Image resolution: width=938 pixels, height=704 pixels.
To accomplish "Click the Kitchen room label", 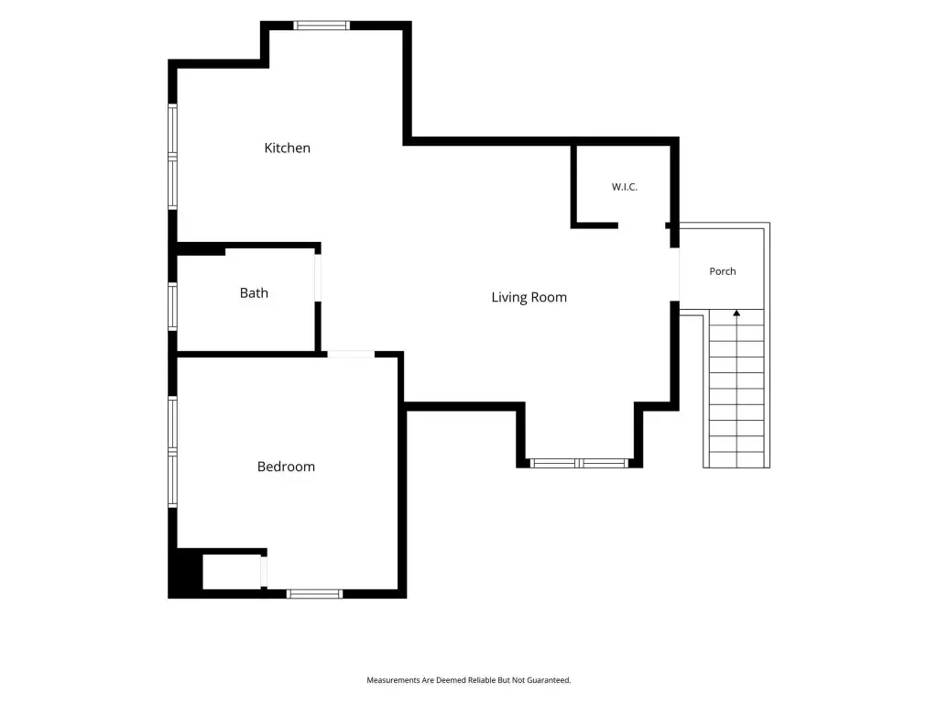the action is pyautogui.click(x=287, y=148).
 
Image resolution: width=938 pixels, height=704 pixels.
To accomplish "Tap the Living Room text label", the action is pyautogui.click(x=529, y=298).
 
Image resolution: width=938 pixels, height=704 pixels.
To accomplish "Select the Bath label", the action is pyautogui.click(x=254, y=292).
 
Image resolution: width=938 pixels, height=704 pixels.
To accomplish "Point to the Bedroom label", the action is pyautogui.click(x=286, y=467).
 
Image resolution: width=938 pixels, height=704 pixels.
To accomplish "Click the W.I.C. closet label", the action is pyautogui.click(x=624, y=187).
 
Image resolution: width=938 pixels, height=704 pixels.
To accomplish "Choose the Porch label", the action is pyautogui.click(x=722, y=271).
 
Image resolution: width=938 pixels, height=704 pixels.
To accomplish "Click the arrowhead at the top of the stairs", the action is pyautogui.click(x=736, y=313).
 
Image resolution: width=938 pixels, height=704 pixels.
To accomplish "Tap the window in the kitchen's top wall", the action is pyautogui.click(x=322, y=25).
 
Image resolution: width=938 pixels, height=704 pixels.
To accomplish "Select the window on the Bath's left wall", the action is pyautogui.click(x=172, y=306).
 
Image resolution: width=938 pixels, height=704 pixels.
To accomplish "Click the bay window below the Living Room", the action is pyautogui.click(x=579, y=463).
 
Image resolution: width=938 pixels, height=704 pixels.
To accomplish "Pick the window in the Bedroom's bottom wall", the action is pyautogui.click(x=314, y=594).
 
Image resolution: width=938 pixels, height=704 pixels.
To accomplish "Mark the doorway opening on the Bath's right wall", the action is pyautogui.click(x=318, y=278).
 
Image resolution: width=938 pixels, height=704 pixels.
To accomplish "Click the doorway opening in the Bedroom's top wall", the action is pyautogui.click(x=351, y=355).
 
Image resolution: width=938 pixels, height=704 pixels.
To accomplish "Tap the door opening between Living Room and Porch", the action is pyautogui.click(x=675, y=274).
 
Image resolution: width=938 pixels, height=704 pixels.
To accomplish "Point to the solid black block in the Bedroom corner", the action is pyautogui.click(x=185, y=573).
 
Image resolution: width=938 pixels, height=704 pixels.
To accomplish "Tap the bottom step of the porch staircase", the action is pyautogui.click(x=736, y=460).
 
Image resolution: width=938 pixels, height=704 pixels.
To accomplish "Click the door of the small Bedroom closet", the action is pyautogui.click(x=264, y=572).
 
